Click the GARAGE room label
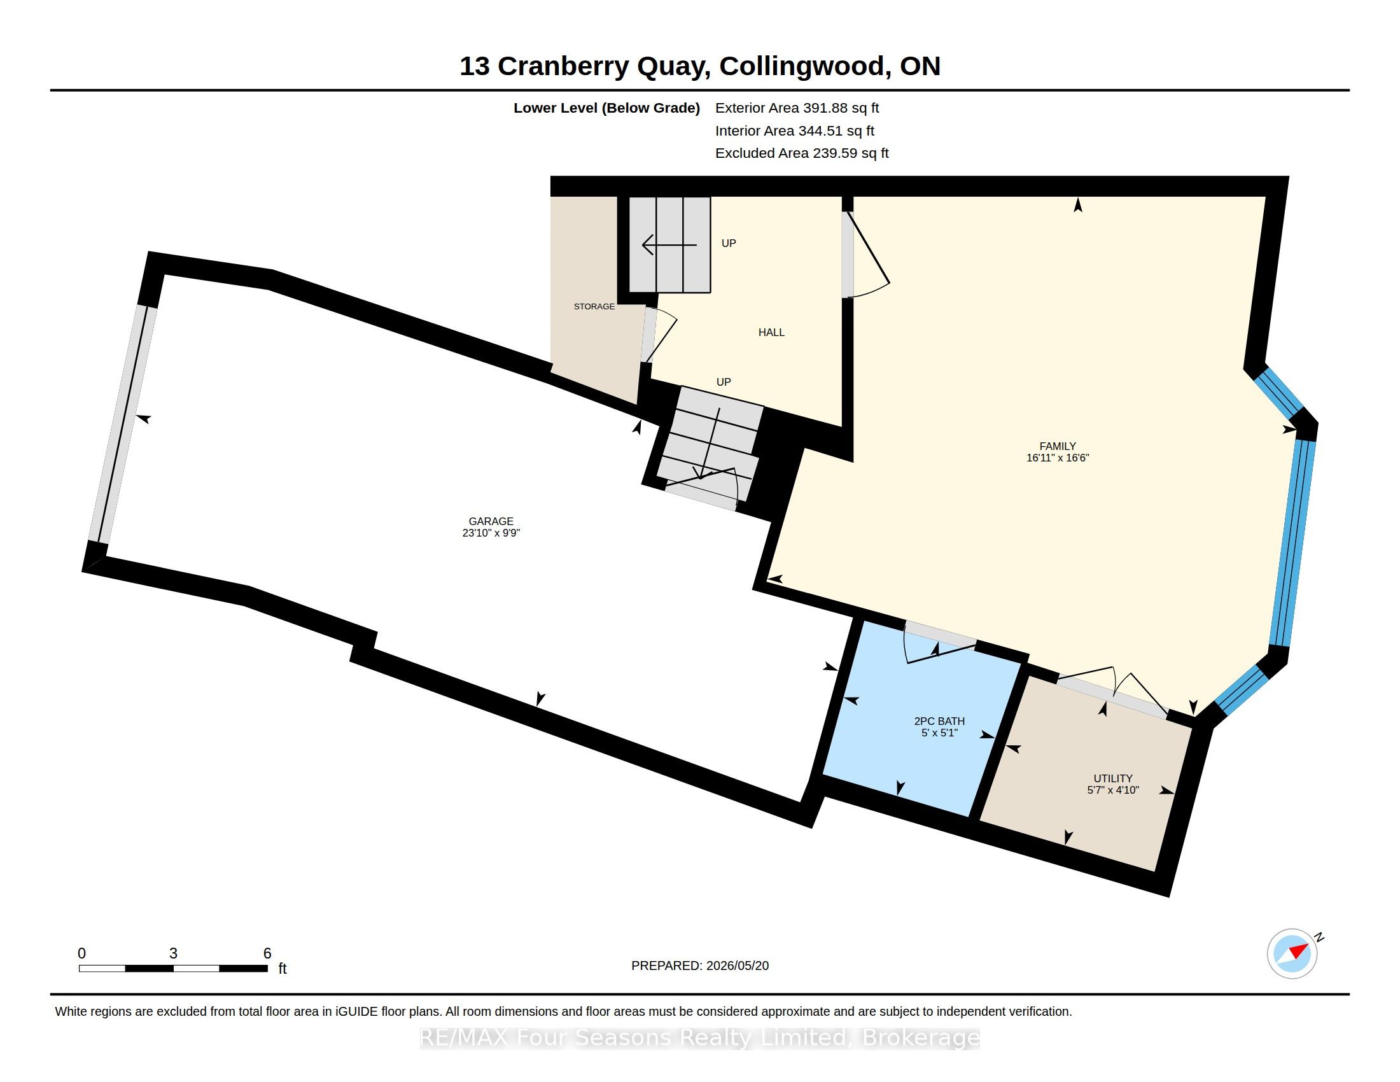coord(491,521)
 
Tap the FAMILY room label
coord(1058,446)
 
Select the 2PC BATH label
coord(939,721)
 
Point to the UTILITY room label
coord(1113,778)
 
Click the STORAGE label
coord(594,306)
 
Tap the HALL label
coord(771,332)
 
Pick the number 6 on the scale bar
coord(267,953)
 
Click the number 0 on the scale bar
coord(81,953)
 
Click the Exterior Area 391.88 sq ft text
coord(797,108)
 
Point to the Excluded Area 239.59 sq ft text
coord(802,153)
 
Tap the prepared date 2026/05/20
coord(737,966)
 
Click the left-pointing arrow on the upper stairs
coord(669,245)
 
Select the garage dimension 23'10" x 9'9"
coord(491,533)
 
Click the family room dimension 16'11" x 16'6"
coord(1058,458)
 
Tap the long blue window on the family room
coord(1292,542)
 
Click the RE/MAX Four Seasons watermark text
coord(699,1037)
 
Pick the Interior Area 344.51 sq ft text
coord(795,130)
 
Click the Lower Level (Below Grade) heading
coord(606,108)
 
